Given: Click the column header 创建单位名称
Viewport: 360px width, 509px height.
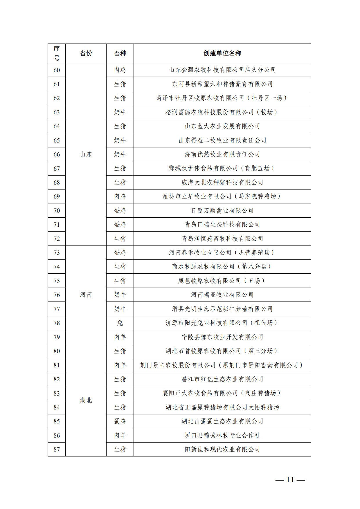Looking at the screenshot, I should click(222, 53).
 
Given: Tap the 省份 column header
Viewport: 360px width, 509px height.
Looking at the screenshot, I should click(86, 53).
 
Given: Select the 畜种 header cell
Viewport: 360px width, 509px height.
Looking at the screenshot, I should click(120, 53).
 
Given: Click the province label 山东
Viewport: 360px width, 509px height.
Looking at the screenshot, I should click(86, 154).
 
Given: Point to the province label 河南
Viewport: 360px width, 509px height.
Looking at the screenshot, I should click(86, 295).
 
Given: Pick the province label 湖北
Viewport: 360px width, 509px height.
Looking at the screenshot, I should click(86, 400).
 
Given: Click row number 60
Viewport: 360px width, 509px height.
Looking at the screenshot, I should click(57, 70).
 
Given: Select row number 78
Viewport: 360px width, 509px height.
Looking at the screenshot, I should click(57, 323).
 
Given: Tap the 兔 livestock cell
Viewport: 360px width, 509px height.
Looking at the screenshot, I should click(120, 323).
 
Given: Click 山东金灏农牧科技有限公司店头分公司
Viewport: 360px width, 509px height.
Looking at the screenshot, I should click(222, 70).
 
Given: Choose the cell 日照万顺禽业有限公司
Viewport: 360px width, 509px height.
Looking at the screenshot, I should click(222, 211).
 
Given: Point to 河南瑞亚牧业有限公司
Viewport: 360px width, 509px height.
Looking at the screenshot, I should click(222, 295).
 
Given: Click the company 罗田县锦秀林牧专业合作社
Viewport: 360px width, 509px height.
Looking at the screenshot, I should click(222, 435).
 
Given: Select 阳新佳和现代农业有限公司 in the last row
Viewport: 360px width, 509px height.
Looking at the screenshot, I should click(222, 450).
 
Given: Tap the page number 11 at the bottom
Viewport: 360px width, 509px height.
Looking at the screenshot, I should click(290, 480).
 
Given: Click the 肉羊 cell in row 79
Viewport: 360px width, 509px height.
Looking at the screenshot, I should click(120, 337).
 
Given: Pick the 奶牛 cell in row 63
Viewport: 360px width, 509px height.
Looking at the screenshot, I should click(120, 112).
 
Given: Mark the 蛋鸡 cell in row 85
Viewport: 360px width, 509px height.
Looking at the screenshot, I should click(120, 421).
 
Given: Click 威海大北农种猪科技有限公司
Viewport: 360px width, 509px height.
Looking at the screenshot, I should click(222, 183).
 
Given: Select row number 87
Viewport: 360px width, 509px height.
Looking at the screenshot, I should click(57, 450).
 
